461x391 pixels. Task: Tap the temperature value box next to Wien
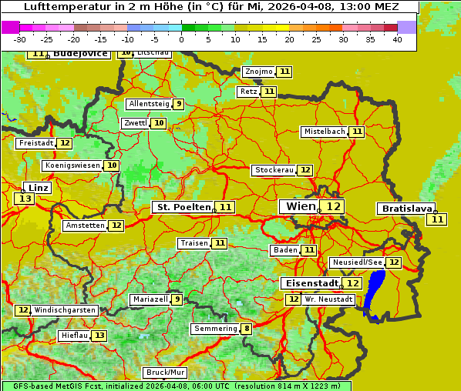(x=332, y=206)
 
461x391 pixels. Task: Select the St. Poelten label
(x=182, y=207)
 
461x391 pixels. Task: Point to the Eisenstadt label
(x=308, y=283)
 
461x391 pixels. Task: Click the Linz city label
(x=39, y=187)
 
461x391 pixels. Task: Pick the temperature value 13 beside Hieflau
(x=99, y=336)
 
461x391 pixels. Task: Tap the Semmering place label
(x=215, y=329)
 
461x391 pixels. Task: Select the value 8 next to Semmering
(x=246, y=329)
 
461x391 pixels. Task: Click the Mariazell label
(x=150, y=299)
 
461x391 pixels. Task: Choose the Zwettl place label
(x=135, y=123)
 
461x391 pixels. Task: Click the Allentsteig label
(x=149, y=104)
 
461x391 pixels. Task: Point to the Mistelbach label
(x=324, y=132)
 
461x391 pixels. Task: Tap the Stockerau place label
(x=274, y=170)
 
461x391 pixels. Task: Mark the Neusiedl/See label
(x=356, y=262)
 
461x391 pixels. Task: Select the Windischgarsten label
(x=65, y=310)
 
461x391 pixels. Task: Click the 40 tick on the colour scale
(x=396, y=40)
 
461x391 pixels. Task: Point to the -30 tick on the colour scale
(x=20, y=40)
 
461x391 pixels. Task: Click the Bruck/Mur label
(x=166, y=373)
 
